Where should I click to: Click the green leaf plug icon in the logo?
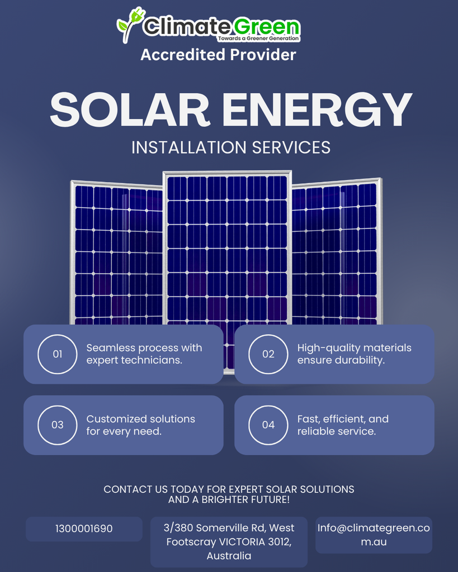pyautogui.click(x=130, y=24)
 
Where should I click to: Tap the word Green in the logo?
pyautogui.click(x=266, y=27)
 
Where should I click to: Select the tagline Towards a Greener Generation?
pyautogui.click(x=258, y=39)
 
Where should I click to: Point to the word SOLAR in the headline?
pyautogui.click(x=130, y=109)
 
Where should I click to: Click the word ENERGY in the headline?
pyautogui.click(x=317, y=109)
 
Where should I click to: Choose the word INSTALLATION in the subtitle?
pyautogui.click(x=189, y=147)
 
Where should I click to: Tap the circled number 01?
pyautogui.click(x=58, y=354)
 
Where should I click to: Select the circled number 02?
pyautogui.click(x=268, y=354)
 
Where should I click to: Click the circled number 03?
pyautogui.click(x=58, y=425)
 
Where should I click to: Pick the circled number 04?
pyautogui.click(x=268, y=425)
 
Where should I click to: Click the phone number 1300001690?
pyautogui.click(x=84, y=528)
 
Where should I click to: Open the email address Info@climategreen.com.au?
pyautogui.click(x=374, y=535)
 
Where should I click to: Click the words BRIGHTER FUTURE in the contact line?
pyautogui.click(x=245, y=499)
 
